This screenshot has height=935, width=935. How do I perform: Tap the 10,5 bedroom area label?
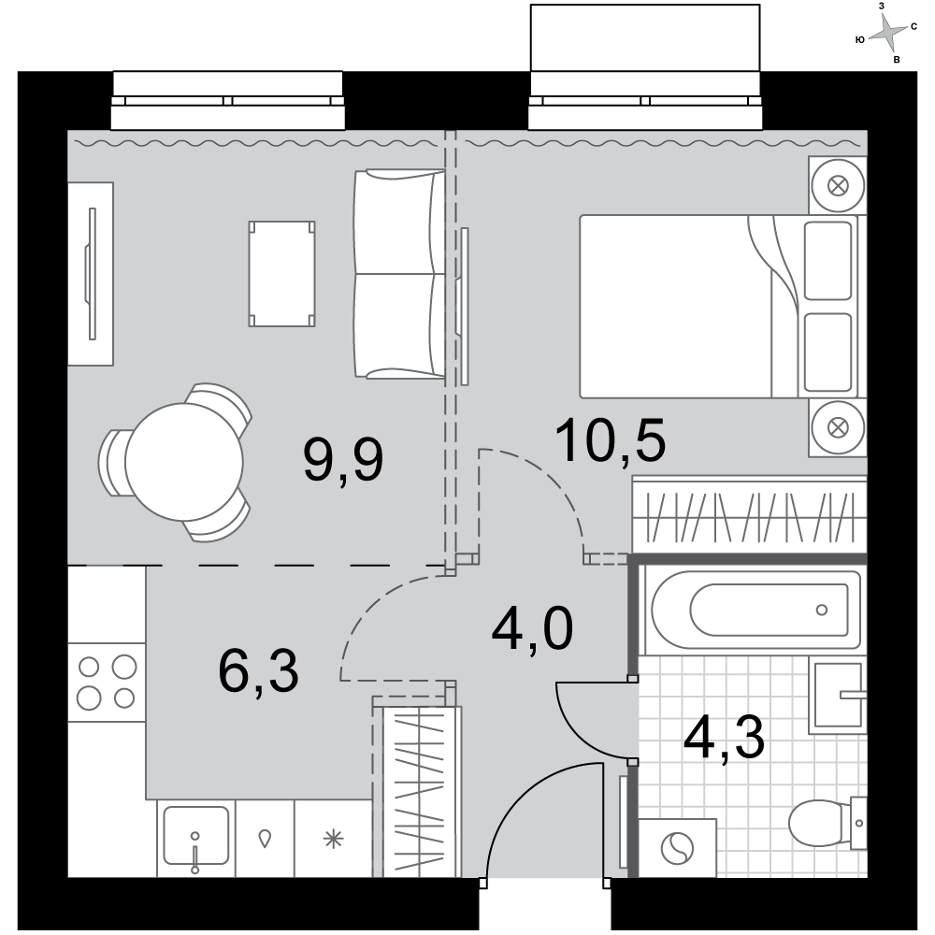[610, 440]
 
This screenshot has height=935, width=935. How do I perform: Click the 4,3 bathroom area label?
[724, 739]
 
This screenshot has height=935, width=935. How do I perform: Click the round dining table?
[183, 462]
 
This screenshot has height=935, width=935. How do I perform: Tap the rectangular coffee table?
[281, 274]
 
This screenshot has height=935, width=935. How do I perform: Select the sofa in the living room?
[399, 274]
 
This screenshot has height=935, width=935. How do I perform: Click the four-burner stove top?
[107, 683]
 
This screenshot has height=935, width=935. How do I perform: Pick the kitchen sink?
[195, 836]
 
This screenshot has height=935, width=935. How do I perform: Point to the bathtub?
[755, 610]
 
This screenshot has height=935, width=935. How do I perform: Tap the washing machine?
[677, 847]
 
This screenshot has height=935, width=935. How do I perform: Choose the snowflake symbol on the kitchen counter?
[334, 839]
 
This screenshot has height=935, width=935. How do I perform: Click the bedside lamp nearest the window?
[838, 185]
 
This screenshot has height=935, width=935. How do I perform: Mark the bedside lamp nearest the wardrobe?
[838, 427]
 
